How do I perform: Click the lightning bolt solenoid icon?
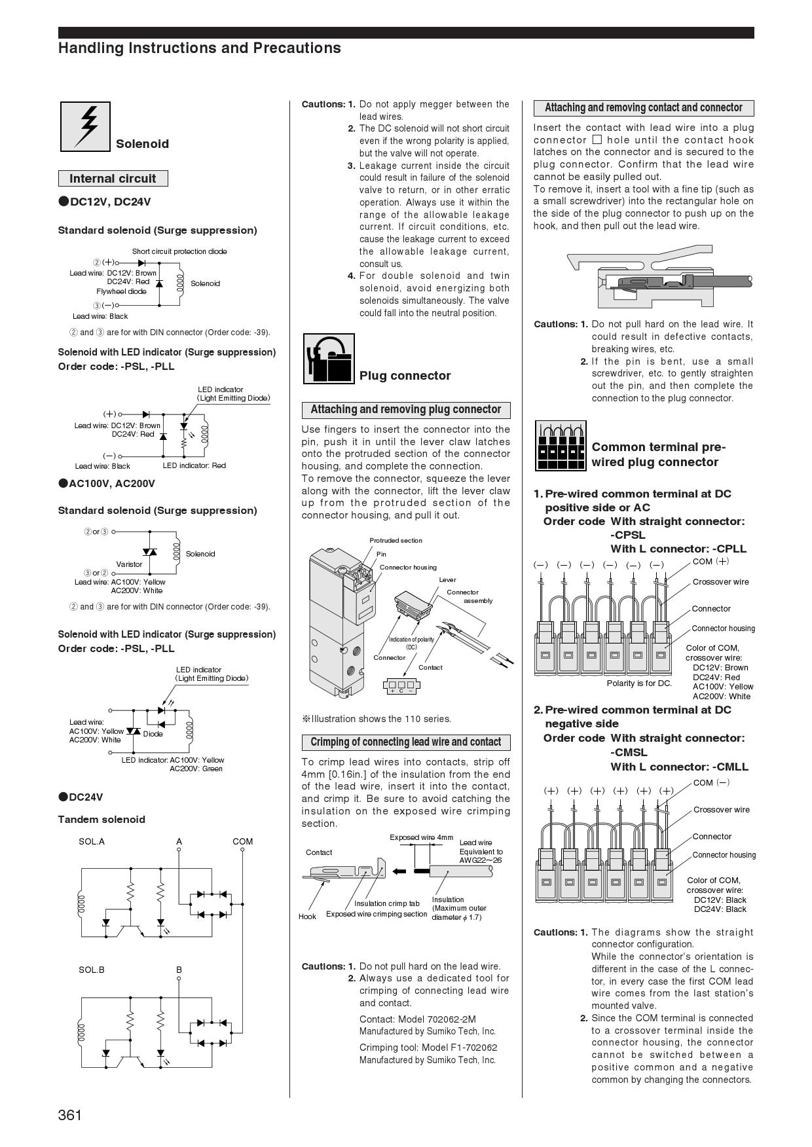coord(85,126)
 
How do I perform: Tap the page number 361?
coord(70,1115)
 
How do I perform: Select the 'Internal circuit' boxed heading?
coord(113,179)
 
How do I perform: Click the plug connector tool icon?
coord(329,359)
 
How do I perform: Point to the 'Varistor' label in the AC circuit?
coord(129,564)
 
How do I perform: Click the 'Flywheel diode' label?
coord(121,291)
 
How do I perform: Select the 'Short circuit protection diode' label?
coord(179,251)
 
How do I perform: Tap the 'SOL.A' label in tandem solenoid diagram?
coord(92,841)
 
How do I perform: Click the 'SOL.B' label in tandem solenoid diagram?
coord(92,970)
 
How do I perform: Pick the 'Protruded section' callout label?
coord(396,541)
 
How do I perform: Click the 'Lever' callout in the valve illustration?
coord(447,580)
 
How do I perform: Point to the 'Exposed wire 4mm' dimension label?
coord(421,837)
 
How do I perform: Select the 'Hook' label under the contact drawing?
coord(307,917)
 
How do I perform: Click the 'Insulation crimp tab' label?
coord(386,903)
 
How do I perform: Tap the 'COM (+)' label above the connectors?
coord(710,561)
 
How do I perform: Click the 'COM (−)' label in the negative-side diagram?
coord(711,782)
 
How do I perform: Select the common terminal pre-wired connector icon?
coord(561,446)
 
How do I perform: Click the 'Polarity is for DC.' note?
coord(639,683)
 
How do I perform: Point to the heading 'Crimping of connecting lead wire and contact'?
coord(405,742)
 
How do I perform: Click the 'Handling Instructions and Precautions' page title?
coord(200,48)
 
